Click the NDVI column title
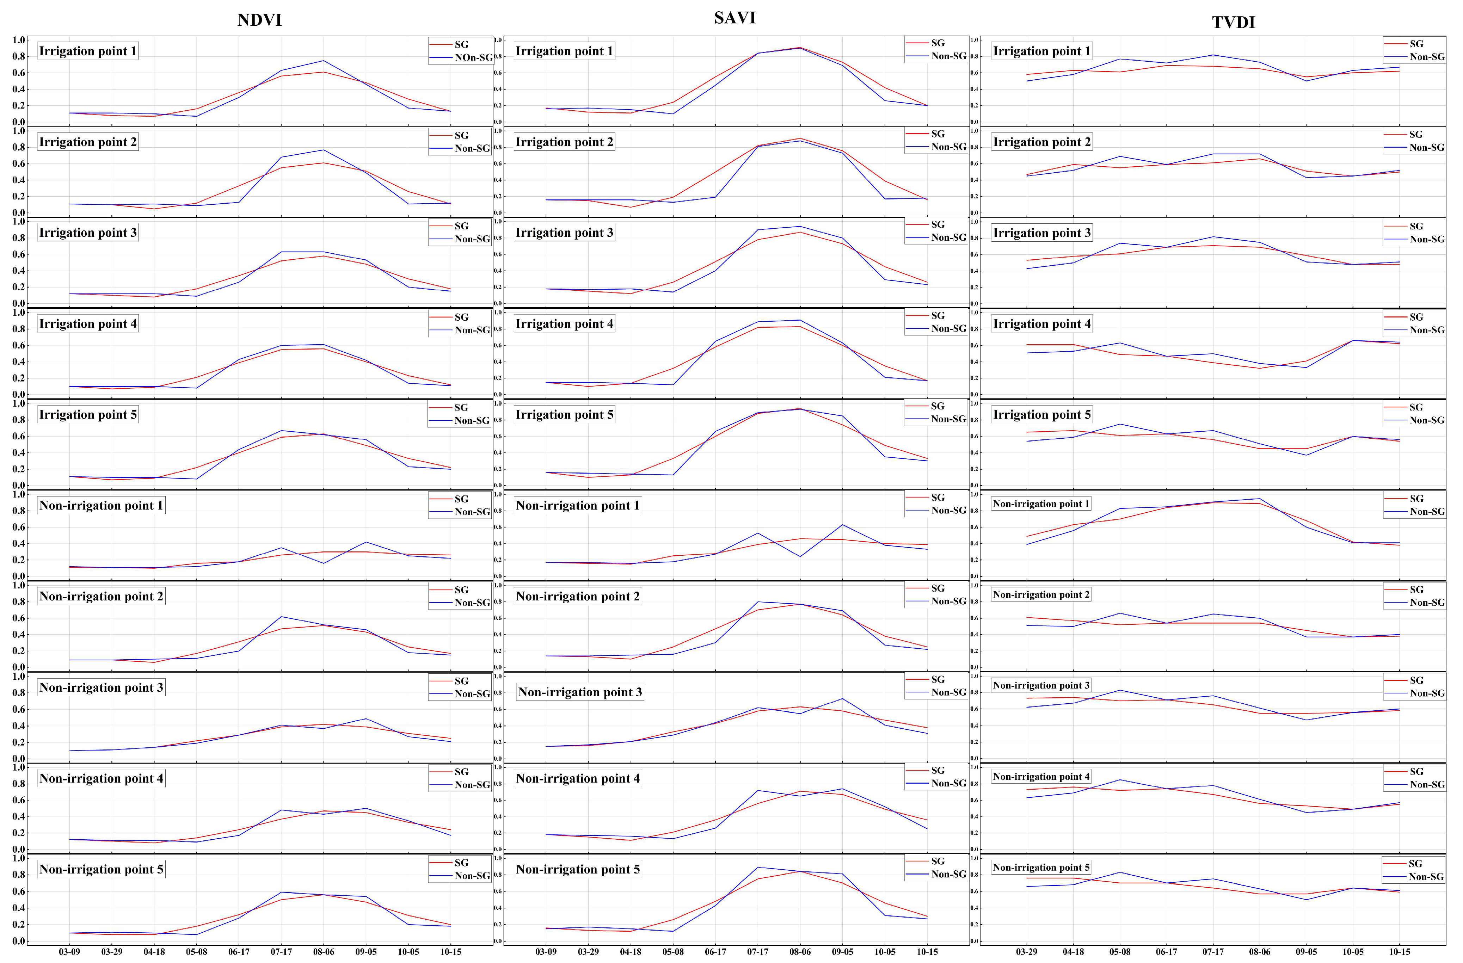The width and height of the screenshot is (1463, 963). (x=259, y=20)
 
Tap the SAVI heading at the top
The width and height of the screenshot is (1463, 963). (x=734, y=18)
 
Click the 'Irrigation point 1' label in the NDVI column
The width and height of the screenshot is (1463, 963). (x=87, y=51)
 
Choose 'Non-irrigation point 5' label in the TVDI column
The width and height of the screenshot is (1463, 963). (x=1041, y=867)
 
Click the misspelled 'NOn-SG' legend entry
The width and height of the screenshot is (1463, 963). (x=473, y=57)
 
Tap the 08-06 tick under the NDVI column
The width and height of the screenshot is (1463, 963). (x=323, y=951)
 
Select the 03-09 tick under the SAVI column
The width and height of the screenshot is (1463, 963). (x=546, y=951)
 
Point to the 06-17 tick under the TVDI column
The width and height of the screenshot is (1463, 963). (x=1166, y=951)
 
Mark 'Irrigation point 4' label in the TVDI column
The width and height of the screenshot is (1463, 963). (x=1041, y=323)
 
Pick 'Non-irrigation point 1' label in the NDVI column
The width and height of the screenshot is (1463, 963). (x=101, y=505)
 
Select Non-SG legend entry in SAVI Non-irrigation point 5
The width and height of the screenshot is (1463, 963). (x=948, y=874)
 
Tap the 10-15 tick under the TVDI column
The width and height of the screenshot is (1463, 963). (x=1400, y=951)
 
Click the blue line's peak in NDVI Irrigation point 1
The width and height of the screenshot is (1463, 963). (x=323, y=60)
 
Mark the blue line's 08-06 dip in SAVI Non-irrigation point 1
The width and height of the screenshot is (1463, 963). (x=800, y=556)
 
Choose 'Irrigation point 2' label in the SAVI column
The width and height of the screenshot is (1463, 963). (x=564, y=142)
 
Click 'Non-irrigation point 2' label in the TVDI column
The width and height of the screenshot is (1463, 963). (x=1041, y=594)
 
